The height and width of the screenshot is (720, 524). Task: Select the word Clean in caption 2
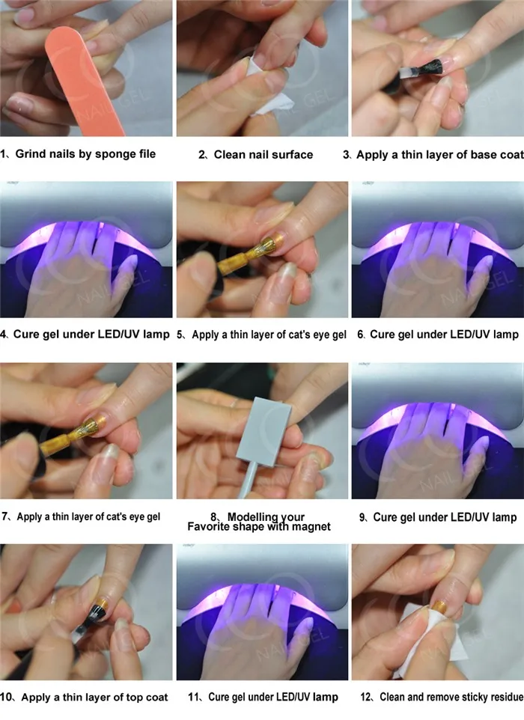pyautogui.click(x=230, y=155)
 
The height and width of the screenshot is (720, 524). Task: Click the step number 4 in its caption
pyautogui.click(x=4, y=334)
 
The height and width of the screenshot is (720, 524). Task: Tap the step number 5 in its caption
pyautogui.click(x=180, y=335)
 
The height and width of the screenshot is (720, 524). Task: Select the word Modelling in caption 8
pyautogui.click(x=256, y=516)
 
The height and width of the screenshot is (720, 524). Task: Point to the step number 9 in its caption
pyautogui.click(x=362, y=517)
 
